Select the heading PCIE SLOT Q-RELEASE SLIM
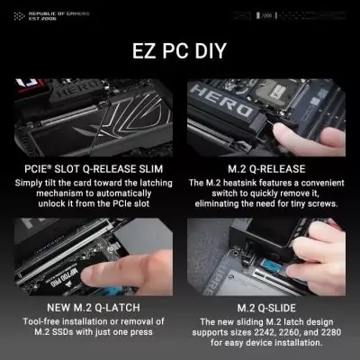[89, 168]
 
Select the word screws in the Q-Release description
[319, 204]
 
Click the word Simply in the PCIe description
[32, 182]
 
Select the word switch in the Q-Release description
[205, 193]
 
